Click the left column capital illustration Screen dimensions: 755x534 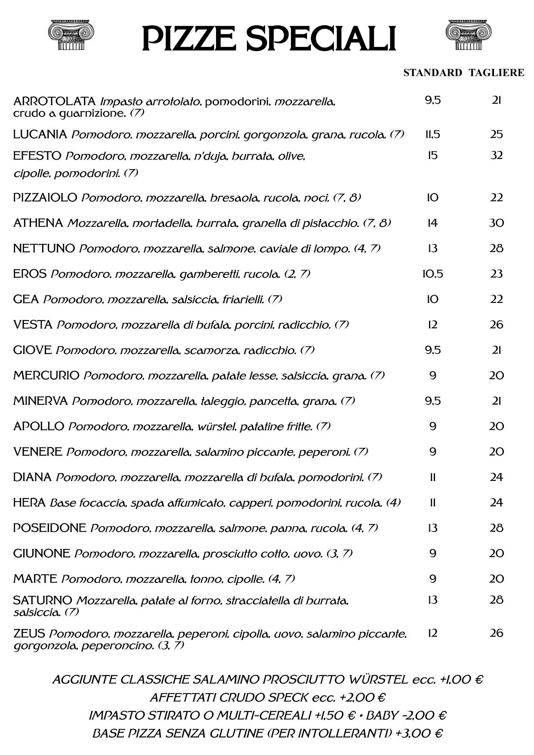(71, 34)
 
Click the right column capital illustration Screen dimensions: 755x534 (469, 34)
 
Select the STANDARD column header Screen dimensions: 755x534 (432, 73)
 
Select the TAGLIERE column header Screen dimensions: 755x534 (497, 73)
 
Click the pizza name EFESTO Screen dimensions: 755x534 (37, 156)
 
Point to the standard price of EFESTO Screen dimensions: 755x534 (432, 155)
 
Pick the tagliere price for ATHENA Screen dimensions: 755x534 (496, 223)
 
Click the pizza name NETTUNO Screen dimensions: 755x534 (44, 248)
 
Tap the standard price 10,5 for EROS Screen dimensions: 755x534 (432, 274)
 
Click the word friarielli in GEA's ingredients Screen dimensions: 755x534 (243, 299)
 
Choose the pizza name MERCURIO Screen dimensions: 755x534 (46, 375)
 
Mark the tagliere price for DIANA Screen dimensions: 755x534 (496, 477)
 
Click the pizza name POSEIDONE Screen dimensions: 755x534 (49, 528)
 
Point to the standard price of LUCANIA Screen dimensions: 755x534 (432, 135)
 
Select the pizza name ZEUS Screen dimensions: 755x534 (29, 633)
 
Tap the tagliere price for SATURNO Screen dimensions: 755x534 (496, 600)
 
